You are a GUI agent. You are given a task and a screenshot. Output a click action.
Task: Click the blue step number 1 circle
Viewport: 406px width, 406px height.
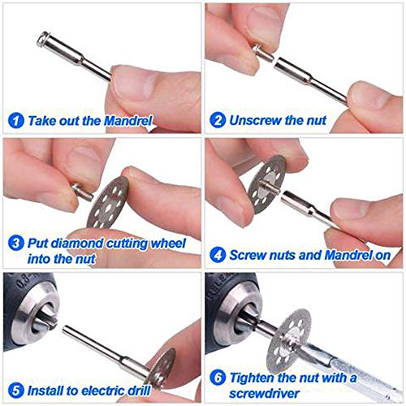pyautogui.click(x=14, y=120)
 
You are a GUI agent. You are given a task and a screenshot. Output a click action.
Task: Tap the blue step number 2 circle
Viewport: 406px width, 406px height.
pyautogui.click(x=217, y=120)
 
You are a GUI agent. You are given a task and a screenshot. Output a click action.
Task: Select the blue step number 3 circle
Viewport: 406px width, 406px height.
pyautogui.click(x=14, y=244)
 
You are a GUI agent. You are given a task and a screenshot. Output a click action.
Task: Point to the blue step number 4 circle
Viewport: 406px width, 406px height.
pyautogui.click(x=217, y=255)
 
